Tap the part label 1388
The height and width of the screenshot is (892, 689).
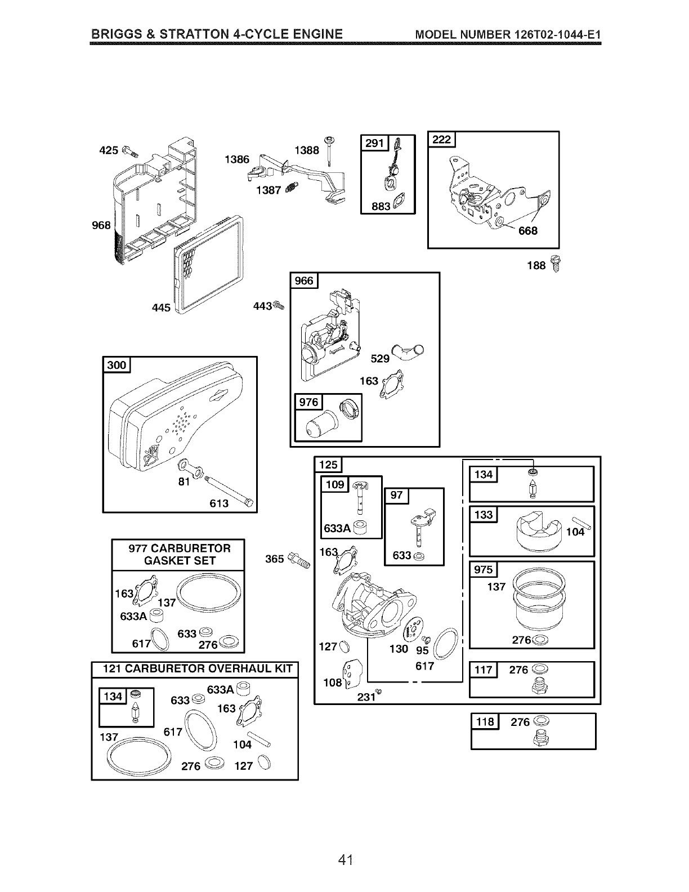[x=307, y=150]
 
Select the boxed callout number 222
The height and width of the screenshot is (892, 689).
[x=441, y=140]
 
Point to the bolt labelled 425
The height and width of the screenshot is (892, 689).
[x=131, y=151]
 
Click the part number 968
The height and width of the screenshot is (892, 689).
[x=101, y=225]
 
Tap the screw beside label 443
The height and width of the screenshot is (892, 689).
[x=279, y=305]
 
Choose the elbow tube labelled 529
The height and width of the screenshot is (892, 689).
[x=407, y=352]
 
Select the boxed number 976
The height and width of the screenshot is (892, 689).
[x=308, y=402]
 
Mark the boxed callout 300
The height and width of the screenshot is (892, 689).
[x=117, y=365]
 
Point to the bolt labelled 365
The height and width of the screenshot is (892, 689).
[x=299, y=560]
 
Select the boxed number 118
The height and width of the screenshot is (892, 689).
[x=485, y=721]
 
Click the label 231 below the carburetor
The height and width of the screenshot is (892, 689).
[x=366, y=697]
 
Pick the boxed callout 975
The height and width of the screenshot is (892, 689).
[x=484, y=569]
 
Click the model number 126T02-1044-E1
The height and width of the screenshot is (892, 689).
[x=557, y=34]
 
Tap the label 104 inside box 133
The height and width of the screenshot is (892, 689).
[x=575, y=532]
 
